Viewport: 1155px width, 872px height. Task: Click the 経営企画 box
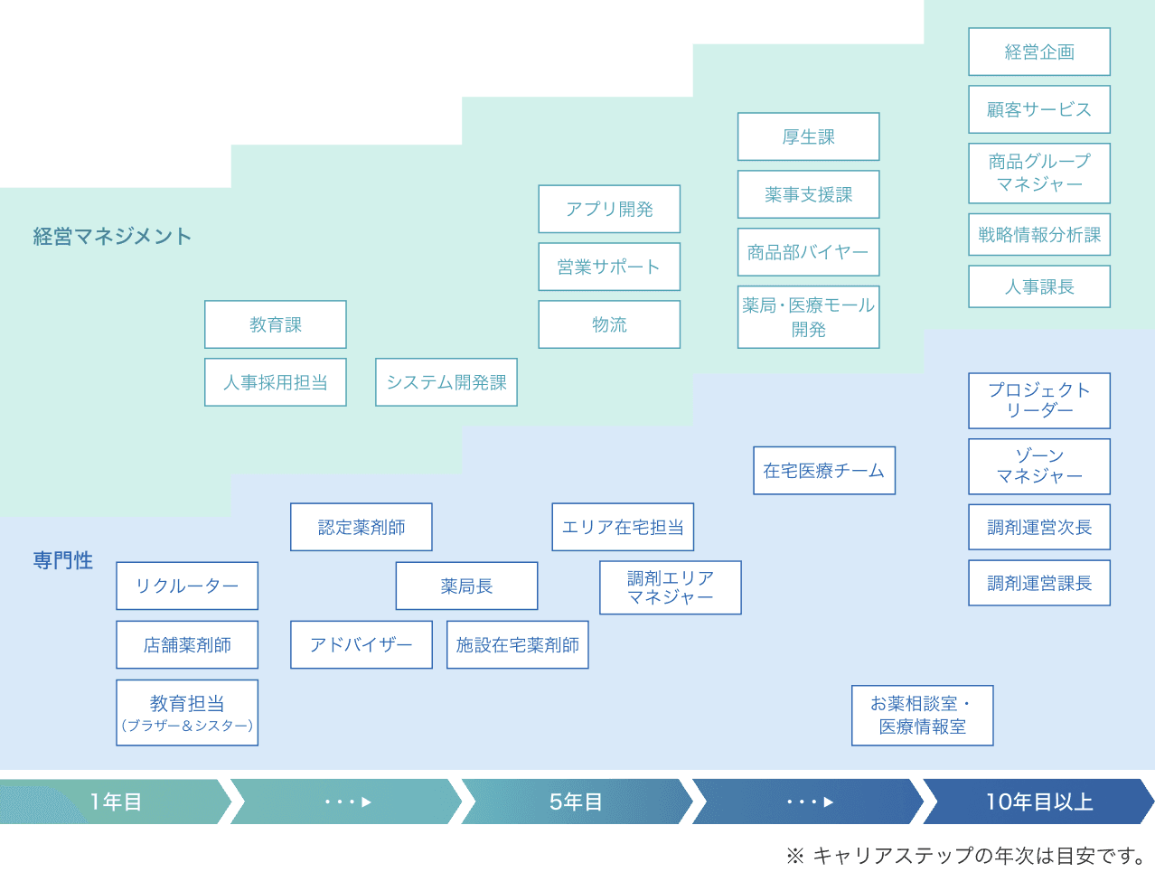click(1039, 52)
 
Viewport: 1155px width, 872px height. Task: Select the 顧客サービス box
click(1039, 109)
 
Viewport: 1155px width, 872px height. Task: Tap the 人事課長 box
click(1039, 286)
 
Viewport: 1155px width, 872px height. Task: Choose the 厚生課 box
click(808, 136)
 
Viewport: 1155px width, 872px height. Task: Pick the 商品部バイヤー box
click(808, 252)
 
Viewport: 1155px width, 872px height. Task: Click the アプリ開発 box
click(609, 209)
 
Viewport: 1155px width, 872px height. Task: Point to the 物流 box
click(609, 324)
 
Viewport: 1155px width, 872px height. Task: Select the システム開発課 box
click(446, 382)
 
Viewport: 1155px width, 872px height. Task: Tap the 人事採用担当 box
click(276, 382)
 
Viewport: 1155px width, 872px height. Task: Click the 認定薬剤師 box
click(362, 527)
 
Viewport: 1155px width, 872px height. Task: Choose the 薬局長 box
click(466, 586)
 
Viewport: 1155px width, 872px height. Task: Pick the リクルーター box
click(187, 586)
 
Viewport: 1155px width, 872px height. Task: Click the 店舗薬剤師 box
click(187, 644)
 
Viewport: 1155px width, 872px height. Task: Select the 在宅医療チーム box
click(824, 471)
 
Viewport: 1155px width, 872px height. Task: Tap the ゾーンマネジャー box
click(1039, 466)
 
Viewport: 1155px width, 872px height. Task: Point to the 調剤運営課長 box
click(1039, 583)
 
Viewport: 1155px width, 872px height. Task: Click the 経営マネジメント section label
click(112, 237)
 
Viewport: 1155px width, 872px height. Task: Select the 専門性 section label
click(63, 560)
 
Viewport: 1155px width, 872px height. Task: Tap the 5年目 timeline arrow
click(576, 802)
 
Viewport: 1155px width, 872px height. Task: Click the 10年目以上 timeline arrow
click(1039, 802)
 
